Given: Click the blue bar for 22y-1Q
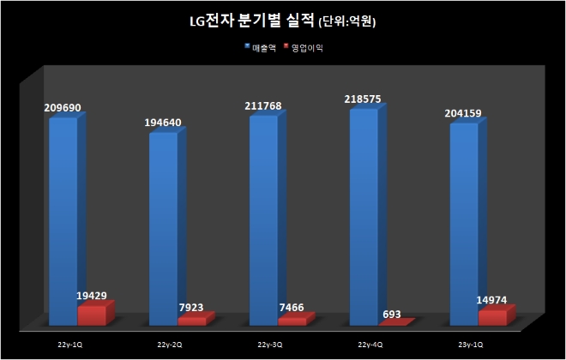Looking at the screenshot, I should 63,219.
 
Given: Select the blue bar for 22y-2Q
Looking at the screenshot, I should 163,227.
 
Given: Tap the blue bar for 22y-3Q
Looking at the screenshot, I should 263,219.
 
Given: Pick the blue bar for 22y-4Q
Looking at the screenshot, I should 364,214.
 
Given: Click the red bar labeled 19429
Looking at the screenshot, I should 92,315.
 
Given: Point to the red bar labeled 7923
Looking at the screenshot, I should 192,321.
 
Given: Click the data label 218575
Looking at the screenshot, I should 365,100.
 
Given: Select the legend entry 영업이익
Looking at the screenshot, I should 308,47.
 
